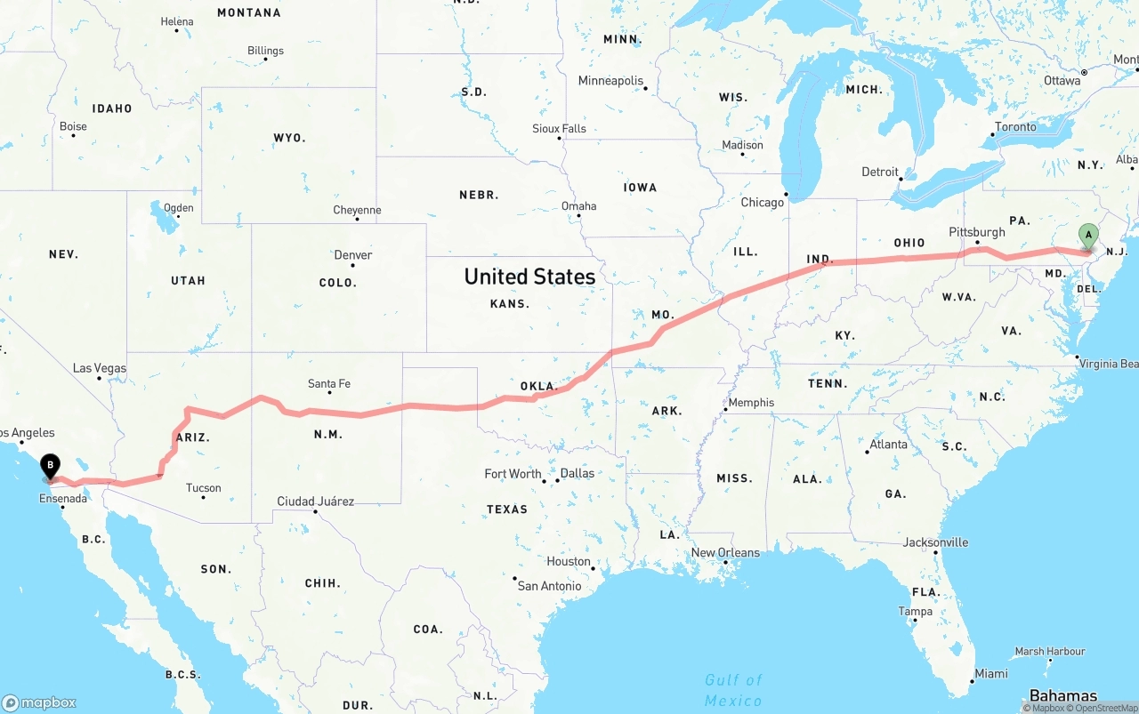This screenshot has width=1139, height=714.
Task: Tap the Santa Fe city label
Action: tap(329, 384)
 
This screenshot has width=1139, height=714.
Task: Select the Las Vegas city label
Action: tap(100, 368)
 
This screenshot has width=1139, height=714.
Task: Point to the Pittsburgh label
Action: tap(977, 232)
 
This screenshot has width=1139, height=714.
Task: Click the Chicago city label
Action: tap(763, 203)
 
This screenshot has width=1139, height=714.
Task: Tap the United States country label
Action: tap(529, 277)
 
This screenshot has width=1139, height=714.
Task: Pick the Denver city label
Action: tap(353, 255)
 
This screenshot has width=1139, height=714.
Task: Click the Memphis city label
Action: tap(751, 403)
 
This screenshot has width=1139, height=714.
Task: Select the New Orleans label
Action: tap(725, 553)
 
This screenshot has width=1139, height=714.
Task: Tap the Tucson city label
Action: tap(204, 488)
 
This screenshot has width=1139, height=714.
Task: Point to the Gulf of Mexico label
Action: tap(733, 690)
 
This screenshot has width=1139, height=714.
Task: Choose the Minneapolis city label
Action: tap(610, 81)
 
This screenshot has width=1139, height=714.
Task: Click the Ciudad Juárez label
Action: tap(316, 501)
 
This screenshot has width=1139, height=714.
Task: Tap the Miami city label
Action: tap(990, 674)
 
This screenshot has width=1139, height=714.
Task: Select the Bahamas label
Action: tap(1062, 695)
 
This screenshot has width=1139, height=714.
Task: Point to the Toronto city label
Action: tap(1015, 127)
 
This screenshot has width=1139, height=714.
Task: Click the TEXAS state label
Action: tap(507, 509)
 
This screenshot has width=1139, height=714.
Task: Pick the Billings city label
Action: tap(265, 51)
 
